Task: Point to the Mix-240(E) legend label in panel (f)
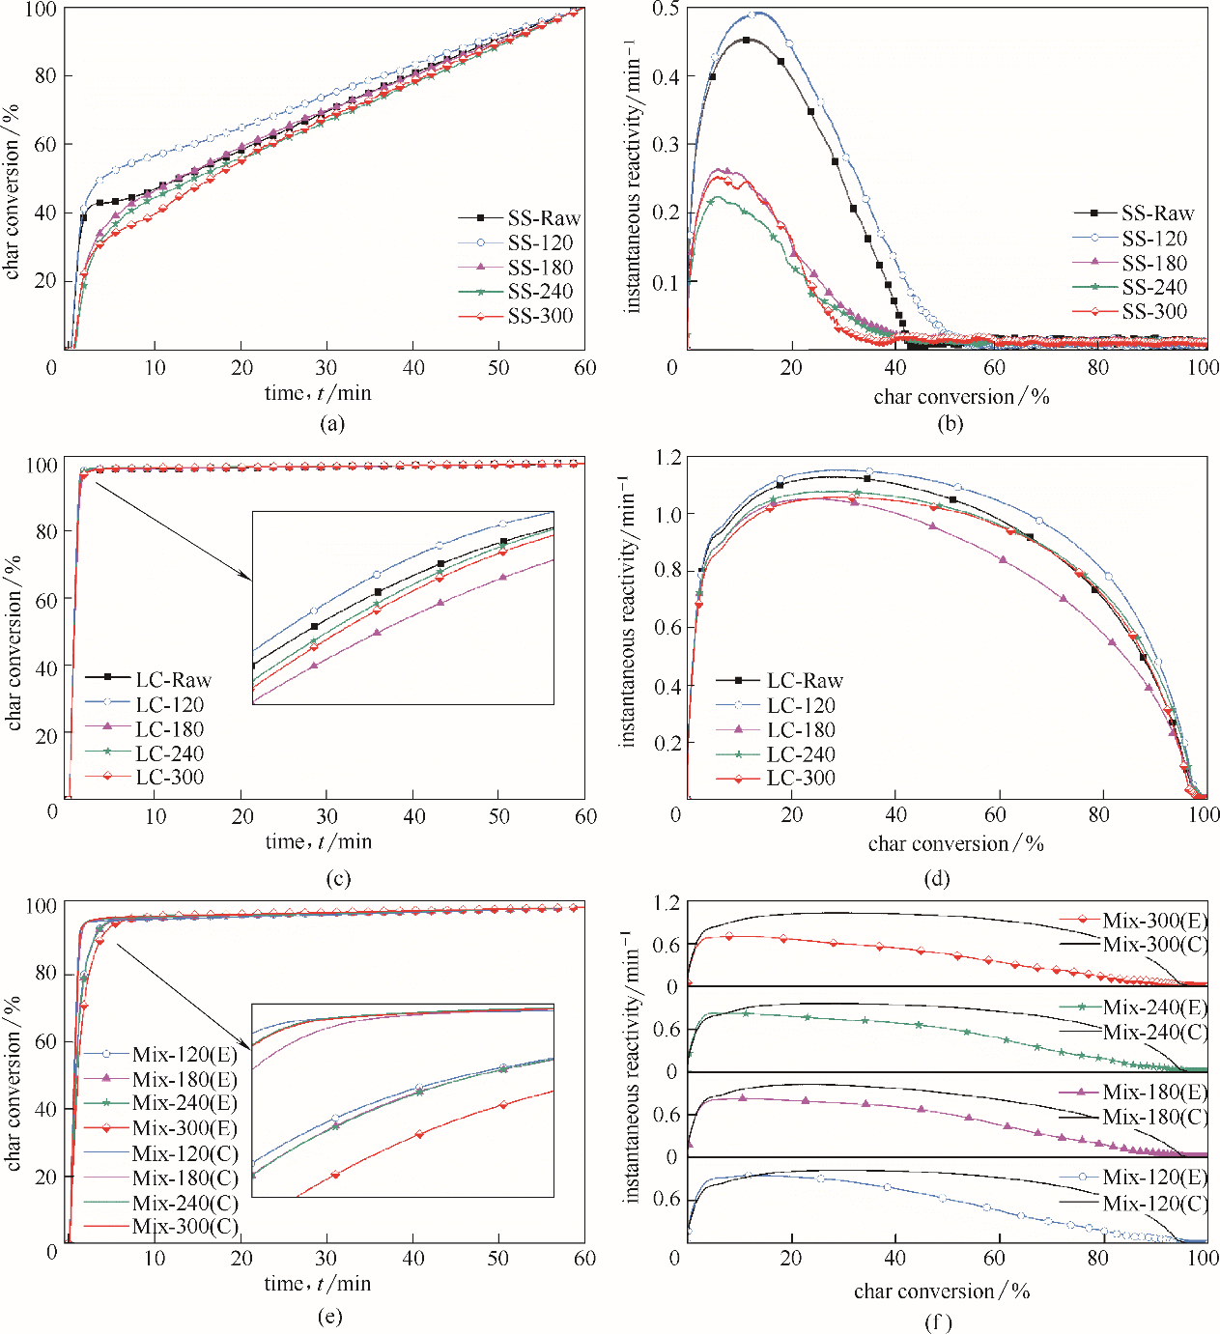pos(1155,1008)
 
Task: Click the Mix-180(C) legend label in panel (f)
pos(1155,1117)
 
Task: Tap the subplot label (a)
pos(330,423)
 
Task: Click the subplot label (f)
pos(938,1320)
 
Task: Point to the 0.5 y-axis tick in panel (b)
pos(666,9)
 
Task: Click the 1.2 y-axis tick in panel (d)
pos(668,457)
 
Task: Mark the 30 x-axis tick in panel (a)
pos(326,368)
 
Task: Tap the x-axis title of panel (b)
pos(961,397)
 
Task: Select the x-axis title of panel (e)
pos(318,1284)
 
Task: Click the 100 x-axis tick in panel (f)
pos(1203,1258)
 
